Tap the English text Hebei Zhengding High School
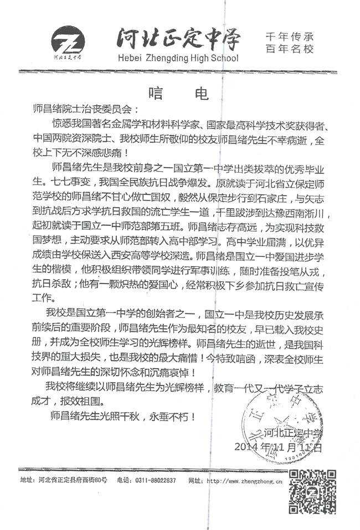(x=178, y=58)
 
